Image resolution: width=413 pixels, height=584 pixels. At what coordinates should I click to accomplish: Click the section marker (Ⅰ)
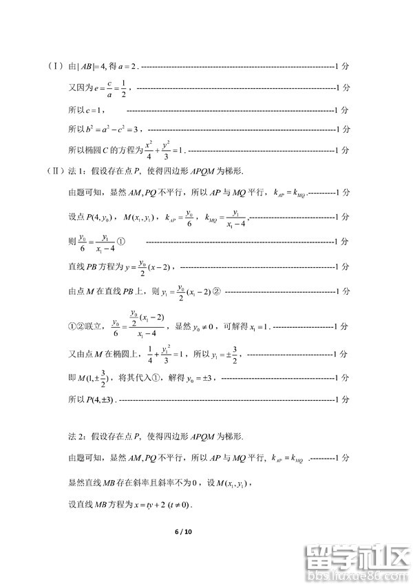(x=56, y=66)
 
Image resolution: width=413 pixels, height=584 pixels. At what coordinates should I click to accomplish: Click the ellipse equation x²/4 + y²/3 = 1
(x=162, y=149)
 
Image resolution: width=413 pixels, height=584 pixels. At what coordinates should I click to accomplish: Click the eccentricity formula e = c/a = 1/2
(x=110, y=88)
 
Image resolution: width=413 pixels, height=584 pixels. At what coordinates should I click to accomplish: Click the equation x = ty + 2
(x=147, y=505)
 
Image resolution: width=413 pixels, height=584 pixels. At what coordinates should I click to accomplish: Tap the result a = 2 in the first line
(x=129, y=67)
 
